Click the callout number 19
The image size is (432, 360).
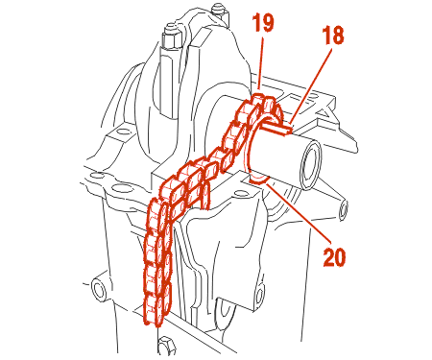tap(263, 22)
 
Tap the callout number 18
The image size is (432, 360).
tap(333, 35)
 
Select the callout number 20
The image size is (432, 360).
tap(334, 256)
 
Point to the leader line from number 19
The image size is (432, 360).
tap(261, 63)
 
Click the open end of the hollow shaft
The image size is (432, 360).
tap(310, 165)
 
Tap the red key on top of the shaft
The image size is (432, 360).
tap(277, 128)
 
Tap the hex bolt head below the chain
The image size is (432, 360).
tap(166, 346)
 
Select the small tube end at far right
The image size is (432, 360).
tap(344, 209)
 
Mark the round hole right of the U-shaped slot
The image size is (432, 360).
tap(260, 296)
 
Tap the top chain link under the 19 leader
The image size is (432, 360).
tap(260, 99)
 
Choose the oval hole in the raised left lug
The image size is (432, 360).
tap(123, 131)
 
